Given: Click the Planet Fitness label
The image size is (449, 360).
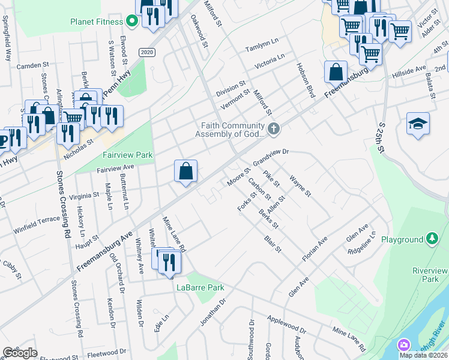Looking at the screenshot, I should click(95, 22).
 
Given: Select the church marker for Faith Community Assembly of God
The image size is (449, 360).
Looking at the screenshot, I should click(274, 128).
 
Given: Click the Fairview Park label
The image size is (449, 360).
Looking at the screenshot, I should click(127, 155).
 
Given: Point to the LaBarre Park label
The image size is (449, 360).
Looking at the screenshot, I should click(200, 287).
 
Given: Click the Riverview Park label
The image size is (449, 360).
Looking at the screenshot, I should click(430, 275).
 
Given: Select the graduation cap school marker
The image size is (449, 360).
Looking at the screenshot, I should click(418, 124).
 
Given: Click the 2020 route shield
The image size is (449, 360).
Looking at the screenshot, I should click(146, 52).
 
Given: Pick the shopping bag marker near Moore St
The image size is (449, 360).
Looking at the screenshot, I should click(186, 171).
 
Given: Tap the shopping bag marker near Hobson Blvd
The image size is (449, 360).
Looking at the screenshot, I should click(336, 72).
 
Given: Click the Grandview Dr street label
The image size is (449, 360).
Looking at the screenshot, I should click(271, 157).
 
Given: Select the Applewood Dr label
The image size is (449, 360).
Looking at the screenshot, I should click(286, 326).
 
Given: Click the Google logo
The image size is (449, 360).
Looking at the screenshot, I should click(20, 353).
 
